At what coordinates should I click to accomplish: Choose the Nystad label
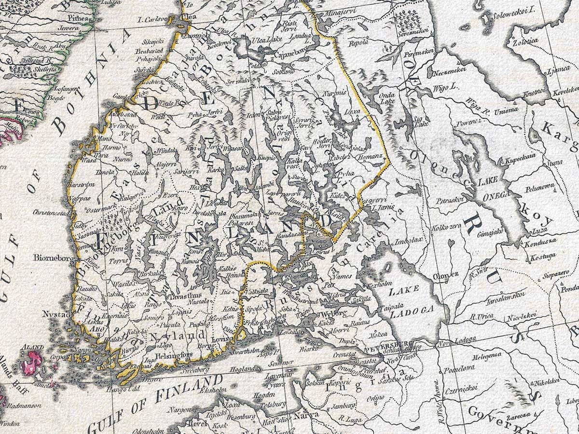coord(53,314)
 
